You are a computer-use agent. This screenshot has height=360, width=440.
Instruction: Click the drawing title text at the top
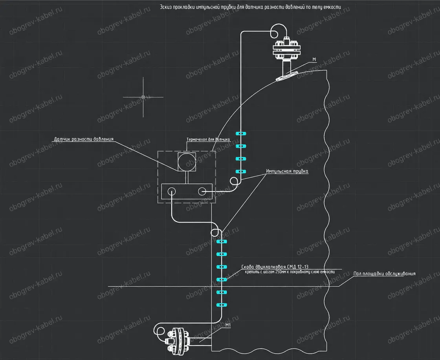pyautogui.click(x=250, y=7)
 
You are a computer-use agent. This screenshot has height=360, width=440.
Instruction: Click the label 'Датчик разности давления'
pyautogui.click(x=84, y=139)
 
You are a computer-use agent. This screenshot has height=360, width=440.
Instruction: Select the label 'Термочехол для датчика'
pyautogui.click(x=208, y=139)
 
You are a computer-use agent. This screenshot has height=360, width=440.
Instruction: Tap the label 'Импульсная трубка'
pyautogui.click(x=287, y=171)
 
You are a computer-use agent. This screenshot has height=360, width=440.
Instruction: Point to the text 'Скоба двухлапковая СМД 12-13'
pyautogui.click(x=275, y=267)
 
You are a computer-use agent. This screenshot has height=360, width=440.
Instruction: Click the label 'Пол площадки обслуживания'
pyautogui.click(x=385, y=274)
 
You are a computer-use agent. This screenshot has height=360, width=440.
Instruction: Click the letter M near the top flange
pyautogui.click(x=314, y=59)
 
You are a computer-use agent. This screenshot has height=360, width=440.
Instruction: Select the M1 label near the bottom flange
pyautogui.click(x=228, y=325)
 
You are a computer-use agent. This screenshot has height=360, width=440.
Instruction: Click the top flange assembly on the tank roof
pyautogui.click(x=286, y=51)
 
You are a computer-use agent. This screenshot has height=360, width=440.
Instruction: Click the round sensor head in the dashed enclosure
pyautogui.click(x=186, y=162)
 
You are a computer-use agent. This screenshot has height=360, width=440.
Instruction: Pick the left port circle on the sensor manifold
pyautogui.click(x=171, y=192)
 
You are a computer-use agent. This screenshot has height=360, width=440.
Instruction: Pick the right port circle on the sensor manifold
pyautogui.click(x=202, y=192)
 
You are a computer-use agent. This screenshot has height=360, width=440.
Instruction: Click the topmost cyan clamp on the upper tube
pyautogui.click(x=241, y=133)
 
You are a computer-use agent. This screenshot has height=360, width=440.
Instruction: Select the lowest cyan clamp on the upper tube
pyautogui.click(x=241, y=171)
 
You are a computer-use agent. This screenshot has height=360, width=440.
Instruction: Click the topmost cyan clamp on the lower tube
pyautogui.click(x=222, y=241)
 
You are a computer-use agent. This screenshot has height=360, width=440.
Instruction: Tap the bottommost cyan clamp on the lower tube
pyautogui.click(x=222, y=305)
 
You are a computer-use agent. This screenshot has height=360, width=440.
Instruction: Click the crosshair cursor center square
pyautogui.click(x=143, y=97)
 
